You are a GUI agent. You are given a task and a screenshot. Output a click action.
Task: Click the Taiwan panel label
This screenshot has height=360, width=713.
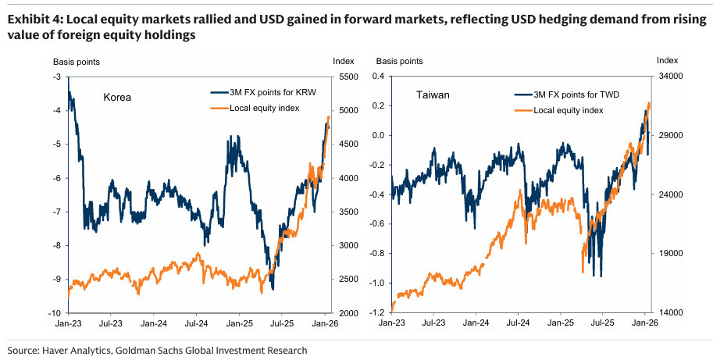point(433,95)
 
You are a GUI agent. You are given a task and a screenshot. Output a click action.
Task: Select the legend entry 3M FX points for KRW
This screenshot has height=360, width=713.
point(267,89)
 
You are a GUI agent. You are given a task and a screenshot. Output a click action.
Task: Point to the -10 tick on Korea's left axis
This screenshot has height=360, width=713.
point(58,313)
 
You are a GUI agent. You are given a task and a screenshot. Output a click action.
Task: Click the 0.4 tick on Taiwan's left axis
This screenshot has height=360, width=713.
point(380,77)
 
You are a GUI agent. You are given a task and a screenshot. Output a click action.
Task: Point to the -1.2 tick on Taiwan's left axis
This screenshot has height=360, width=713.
point(378,313)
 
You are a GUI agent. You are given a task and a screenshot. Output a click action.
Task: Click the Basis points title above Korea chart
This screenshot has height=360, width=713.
point(76,61)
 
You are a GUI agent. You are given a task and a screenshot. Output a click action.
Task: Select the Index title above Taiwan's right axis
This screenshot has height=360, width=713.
point(668,60)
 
